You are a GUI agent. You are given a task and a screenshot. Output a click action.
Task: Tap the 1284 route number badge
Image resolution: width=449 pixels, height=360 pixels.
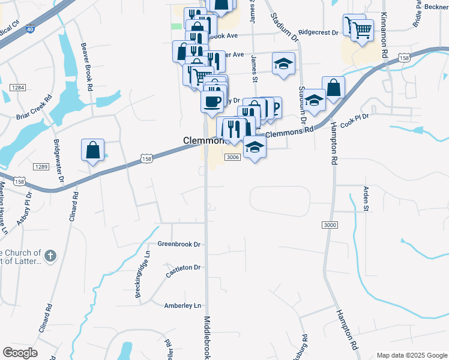pos(17,88)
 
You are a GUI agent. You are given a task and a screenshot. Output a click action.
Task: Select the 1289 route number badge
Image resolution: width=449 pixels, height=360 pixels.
pos(41,167)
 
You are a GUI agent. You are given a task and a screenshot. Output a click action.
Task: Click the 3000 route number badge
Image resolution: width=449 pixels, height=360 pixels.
pos(330,224)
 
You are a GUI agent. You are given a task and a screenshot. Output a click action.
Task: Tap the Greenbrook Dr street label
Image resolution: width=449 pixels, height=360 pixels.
pos(179,244)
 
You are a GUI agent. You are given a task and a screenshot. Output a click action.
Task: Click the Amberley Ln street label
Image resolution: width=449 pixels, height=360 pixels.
pos(182,305)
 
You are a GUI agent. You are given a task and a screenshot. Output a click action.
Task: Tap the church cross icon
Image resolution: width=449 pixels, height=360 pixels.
pos(50,256)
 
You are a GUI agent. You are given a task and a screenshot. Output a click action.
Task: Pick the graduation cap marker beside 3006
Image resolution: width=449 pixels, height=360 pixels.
pos(255,147)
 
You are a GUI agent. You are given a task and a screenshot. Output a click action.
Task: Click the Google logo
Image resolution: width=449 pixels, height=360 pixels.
pos(20,353)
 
